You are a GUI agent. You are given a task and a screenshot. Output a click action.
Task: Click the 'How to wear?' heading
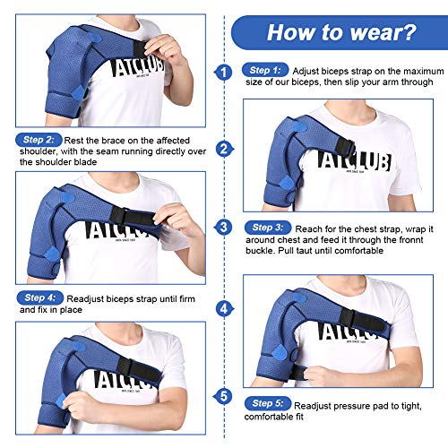pos(341,32)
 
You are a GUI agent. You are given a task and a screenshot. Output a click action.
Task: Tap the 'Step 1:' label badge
pos(265,70)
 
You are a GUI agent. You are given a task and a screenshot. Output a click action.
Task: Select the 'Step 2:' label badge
pos(39,140)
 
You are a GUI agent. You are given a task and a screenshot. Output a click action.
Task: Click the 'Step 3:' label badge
pos(268,228)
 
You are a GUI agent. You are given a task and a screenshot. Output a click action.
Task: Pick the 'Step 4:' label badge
pos(40,297)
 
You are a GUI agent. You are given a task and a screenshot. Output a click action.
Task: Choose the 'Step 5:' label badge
pos(268,403)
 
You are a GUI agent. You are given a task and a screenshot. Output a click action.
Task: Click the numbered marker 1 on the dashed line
pos(224,73)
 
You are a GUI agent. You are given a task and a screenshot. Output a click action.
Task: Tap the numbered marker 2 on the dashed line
pos(224,149)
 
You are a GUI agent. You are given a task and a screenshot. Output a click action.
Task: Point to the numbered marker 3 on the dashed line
pos(224,228)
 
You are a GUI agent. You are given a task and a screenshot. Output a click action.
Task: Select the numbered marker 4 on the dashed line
pos(224,308)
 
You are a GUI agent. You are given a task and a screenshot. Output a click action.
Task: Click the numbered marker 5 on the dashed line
pos(223,396)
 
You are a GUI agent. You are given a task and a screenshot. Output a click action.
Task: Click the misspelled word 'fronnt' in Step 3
pos(409,240)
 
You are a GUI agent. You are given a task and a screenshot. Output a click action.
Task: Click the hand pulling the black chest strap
pos(176,220)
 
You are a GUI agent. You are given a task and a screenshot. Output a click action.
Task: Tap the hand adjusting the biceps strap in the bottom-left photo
pos(78,406)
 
